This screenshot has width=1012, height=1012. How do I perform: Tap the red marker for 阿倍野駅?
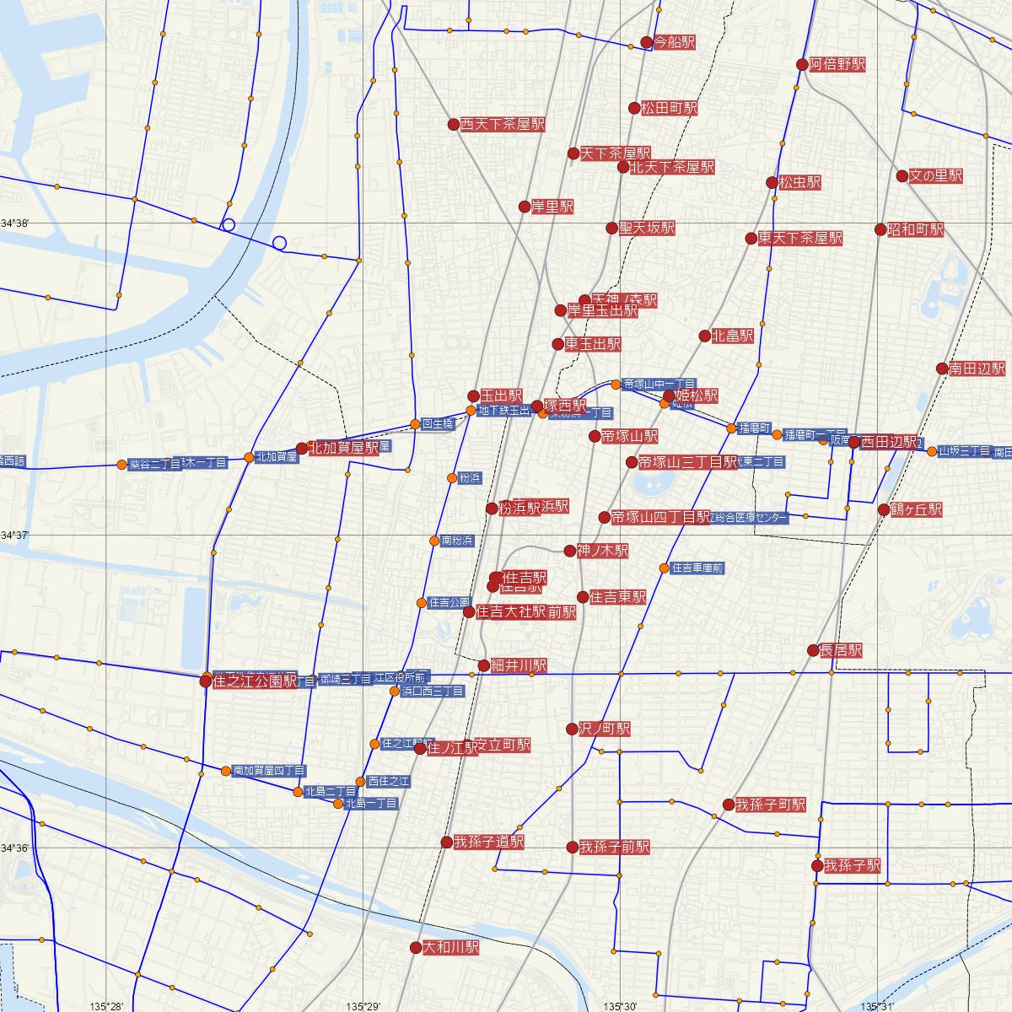(x=802, y=64)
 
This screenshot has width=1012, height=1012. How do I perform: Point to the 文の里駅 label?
(x=936, y=176)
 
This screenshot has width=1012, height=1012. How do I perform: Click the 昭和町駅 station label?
(x=915, y=229)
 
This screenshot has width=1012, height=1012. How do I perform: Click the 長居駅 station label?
(x=841, y=650)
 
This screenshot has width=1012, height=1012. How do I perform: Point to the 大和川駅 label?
(x=450, y=948)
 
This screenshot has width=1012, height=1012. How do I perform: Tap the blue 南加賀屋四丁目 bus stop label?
(x=269, y=771)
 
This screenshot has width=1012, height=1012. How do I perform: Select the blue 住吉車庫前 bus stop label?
(x=697, y=568)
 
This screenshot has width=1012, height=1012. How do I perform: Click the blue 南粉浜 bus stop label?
(x=457, y=540)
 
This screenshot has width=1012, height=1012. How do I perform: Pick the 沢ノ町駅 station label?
(x=605, y=729)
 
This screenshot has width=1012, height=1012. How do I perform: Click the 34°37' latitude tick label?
(x=15, y=536)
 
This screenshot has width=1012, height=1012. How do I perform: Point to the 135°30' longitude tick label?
(x=621, y=1005)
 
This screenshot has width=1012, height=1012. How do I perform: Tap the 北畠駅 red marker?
(x=705, y=336)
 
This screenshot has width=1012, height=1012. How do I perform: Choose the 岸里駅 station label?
(x=552, y=206)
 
